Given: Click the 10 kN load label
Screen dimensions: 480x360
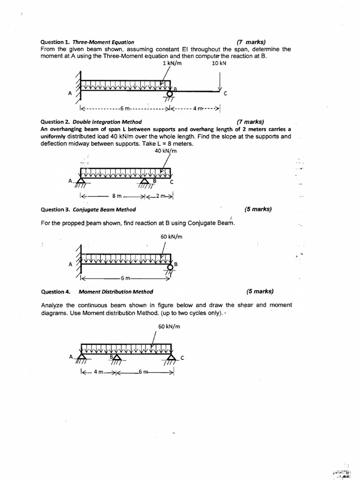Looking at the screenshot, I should [219, 63].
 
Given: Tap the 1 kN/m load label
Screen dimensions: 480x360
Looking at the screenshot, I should [172, 63].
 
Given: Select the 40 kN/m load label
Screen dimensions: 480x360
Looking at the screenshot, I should [165, 151].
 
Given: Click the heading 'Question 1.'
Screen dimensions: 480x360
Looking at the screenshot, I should [55, 42].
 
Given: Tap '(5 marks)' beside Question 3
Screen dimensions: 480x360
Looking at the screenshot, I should [258, 209].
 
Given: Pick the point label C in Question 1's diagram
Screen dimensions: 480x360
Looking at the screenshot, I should [225, 93].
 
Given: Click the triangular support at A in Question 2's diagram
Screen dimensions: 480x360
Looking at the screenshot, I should [81, 180].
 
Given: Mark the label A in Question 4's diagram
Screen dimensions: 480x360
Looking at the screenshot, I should [71, 357].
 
